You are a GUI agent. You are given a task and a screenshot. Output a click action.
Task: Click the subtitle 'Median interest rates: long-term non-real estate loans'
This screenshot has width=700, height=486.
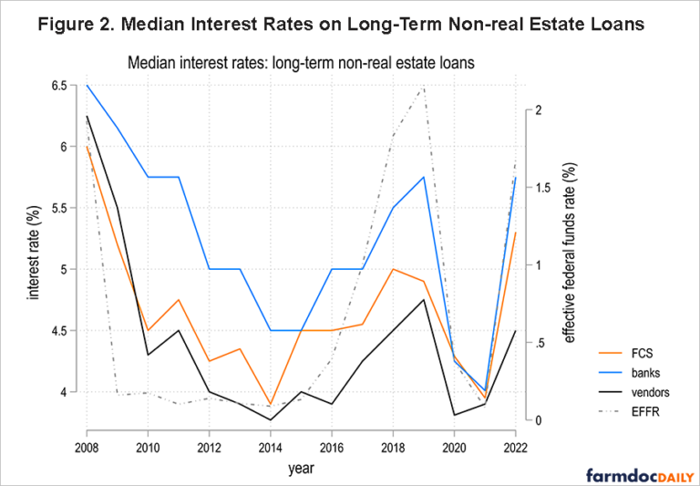tap(302, 63)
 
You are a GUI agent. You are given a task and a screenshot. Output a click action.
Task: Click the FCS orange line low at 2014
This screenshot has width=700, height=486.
tap(271, 404)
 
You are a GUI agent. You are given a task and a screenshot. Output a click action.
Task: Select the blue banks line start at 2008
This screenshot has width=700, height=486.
tap(87, 85)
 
